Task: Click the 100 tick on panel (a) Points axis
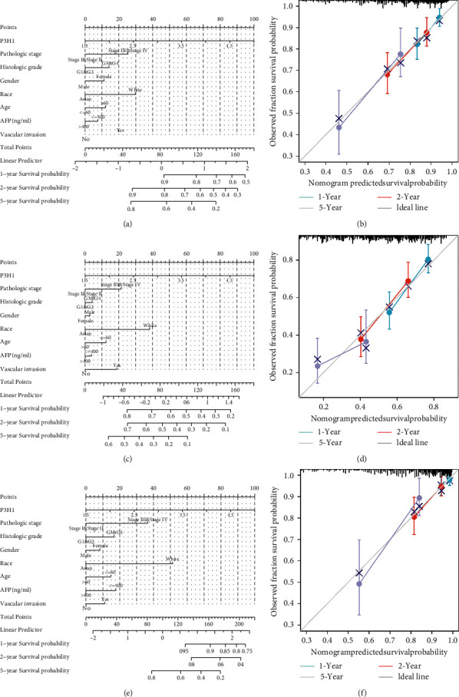coord(254,17)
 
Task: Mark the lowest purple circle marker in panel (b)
coord(338,127)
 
